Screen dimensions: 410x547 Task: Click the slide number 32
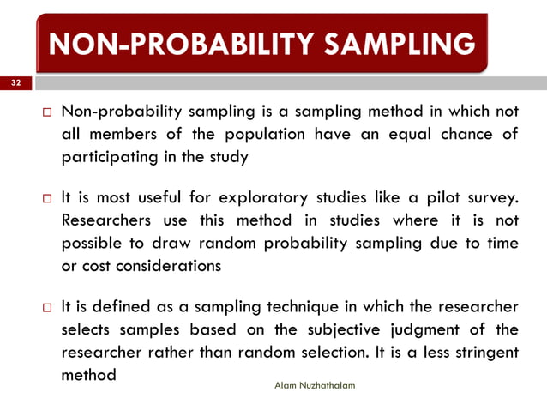[x=15, y=83]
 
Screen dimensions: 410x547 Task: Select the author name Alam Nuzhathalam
[x=316, y=386]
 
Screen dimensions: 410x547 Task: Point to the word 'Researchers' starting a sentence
[x=108, y=221]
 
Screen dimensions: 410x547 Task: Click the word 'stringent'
[x=487, y=353]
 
